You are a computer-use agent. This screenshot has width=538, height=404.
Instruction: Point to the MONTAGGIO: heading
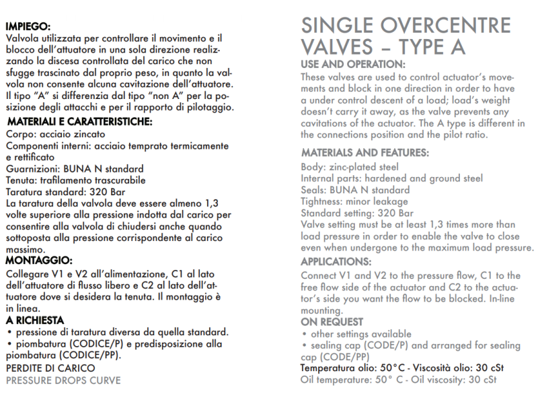tap(38, 260)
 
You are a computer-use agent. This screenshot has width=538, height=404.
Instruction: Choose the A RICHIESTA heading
tap(35, 320)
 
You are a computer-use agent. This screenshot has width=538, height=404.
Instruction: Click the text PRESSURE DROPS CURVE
tap(63, 380)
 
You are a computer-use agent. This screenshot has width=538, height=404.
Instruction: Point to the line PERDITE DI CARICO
tap(50, 368)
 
